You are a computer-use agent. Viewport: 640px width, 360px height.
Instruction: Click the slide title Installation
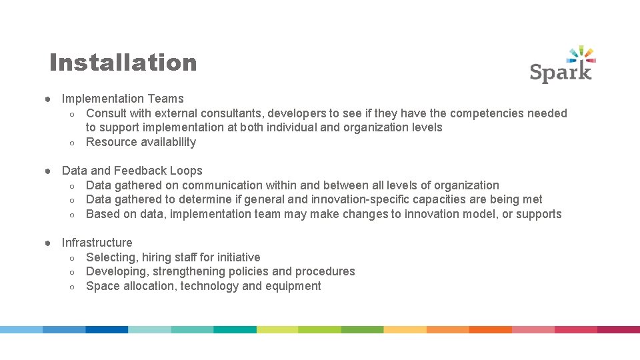coord(123,63)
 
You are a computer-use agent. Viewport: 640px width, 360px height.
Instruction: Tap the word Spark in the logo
coord(561,71)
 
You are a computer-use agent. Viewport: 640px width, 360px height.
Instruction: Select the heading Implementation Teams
coord(123,99)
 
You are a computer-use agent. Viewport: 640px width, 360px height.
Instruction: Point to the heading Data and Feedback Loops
coord(132,171)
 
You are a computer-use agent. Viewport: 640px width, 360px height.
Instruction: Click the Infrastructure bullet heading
coord(97,243)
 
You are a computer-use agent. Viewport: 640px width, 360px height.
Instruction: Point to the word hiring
coord(157,257)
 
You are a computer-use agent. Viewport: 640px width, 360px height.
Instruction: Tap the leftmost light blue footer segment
coord(21,329)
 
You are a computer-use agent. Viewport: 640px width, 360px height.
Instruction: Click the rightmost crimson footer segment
coord(618,329)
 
